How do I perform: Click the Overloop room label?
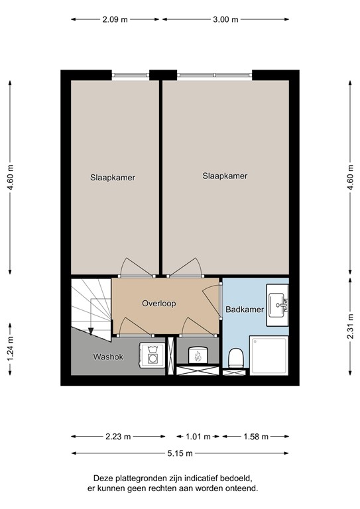tap(158, 304)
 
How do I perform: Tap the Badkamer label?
tap(245, 310)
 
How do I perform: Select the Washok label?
tap(108, 357)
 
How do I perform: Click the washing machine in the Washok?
tap(152, 355)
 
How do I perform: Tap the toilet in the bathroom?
tap(236, 359)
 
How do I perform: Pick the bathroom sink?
tap(277, 305)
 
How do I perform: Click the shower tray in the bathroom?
tap(269, 355)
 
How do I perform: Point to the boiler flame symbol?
tap(198, 356)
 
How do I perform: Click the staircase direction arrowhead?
tap(91, 331)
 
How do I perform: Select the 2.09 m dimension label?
tap(115, 19)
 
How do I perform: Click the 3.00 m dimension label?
tap(225, 19)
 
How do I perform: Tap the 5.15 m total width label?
tap(180, 453)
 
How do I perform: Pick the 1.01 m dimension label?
tap(198, 437)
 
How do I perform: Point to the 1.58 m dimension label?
tap(256, 437)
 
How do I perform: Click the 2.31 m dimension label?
tap(350, 326)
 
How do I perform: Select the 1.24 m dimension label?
tap(10, 349)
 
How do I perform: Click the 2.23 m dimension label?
tap(118, 437)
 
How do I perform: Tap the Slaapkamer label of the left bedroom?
tap(113, 178)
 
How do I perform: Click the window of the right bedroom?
tap(215, 75)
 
